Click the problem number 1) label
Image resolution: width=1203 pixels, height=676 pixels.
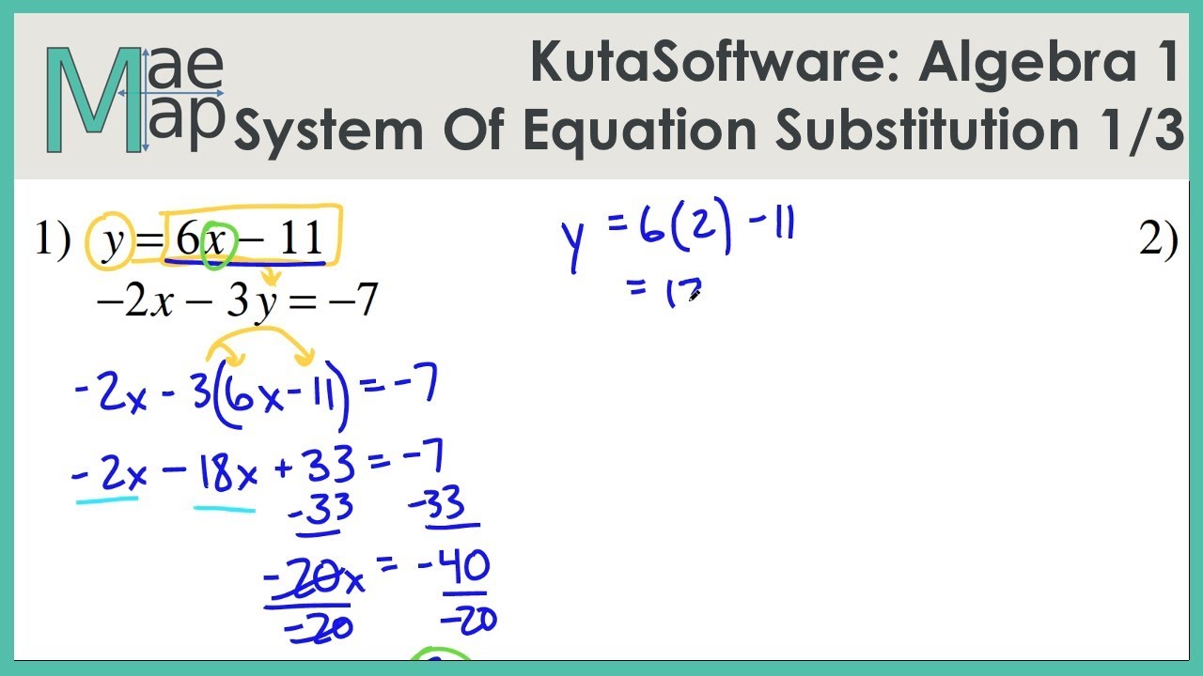(53, 241)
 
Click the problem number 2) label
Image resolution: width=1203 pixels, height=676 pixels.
(1158, 241)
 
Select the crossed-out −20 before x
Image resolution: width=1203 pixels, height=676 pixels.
(301, 583)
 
